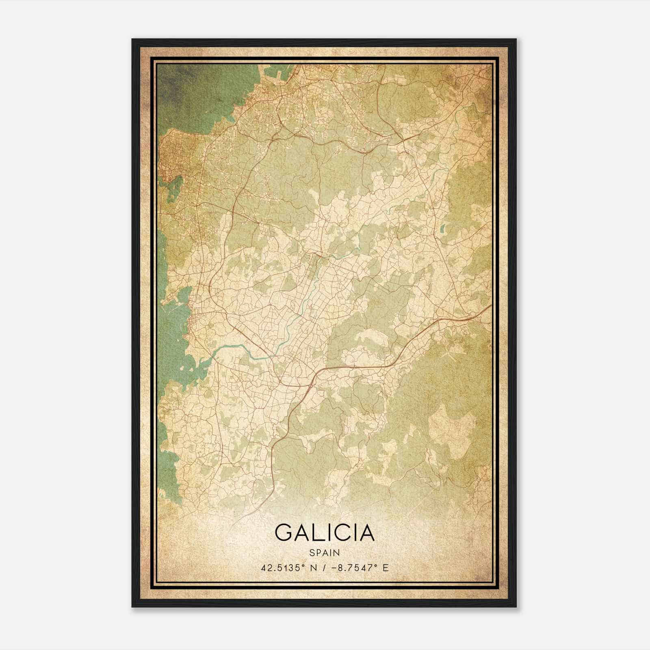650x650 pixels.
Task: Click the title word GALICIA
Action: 324,532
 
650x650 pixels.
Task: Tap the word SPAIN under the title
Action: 324,552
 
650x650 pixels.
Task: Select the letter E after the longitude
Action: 385,568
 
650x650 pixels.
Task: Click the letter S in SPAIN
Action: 311,552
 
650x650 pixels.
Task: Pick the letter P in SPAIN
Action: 318,552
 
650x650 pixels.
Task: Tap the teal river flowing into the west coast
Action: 232,347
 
